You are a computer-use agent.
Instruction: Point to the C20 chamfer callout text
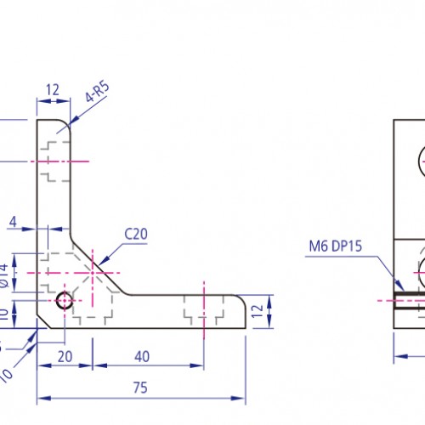tap(137, 234)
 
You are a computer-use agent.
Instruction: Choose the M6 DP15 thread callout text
tap(336, 247)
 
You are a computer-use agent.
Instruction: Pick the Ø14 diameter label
tap(4, 272)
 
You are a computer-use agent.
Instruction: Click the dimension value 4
tap(14, 223)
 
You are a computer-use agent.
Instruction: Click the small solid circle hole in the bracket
tap(65, 300)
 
